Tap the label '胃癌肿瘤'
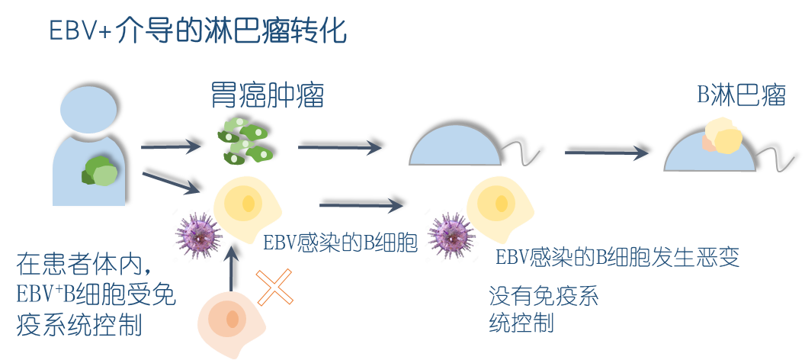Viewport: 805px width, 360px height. click(x=268, y=97)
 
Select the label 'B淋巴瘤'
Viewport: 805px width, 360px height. click(x=742, y=96)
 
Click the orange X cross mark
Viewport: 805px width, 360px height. click(x=274, y=288)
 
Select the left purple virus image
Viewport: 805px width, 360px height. click(x=197, y=236)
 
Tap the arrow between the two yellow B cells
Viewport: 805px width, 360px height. click(x=361, y=204)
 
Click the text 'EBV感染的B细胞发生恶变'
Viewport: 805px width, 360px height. click(x=617, y=256)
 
